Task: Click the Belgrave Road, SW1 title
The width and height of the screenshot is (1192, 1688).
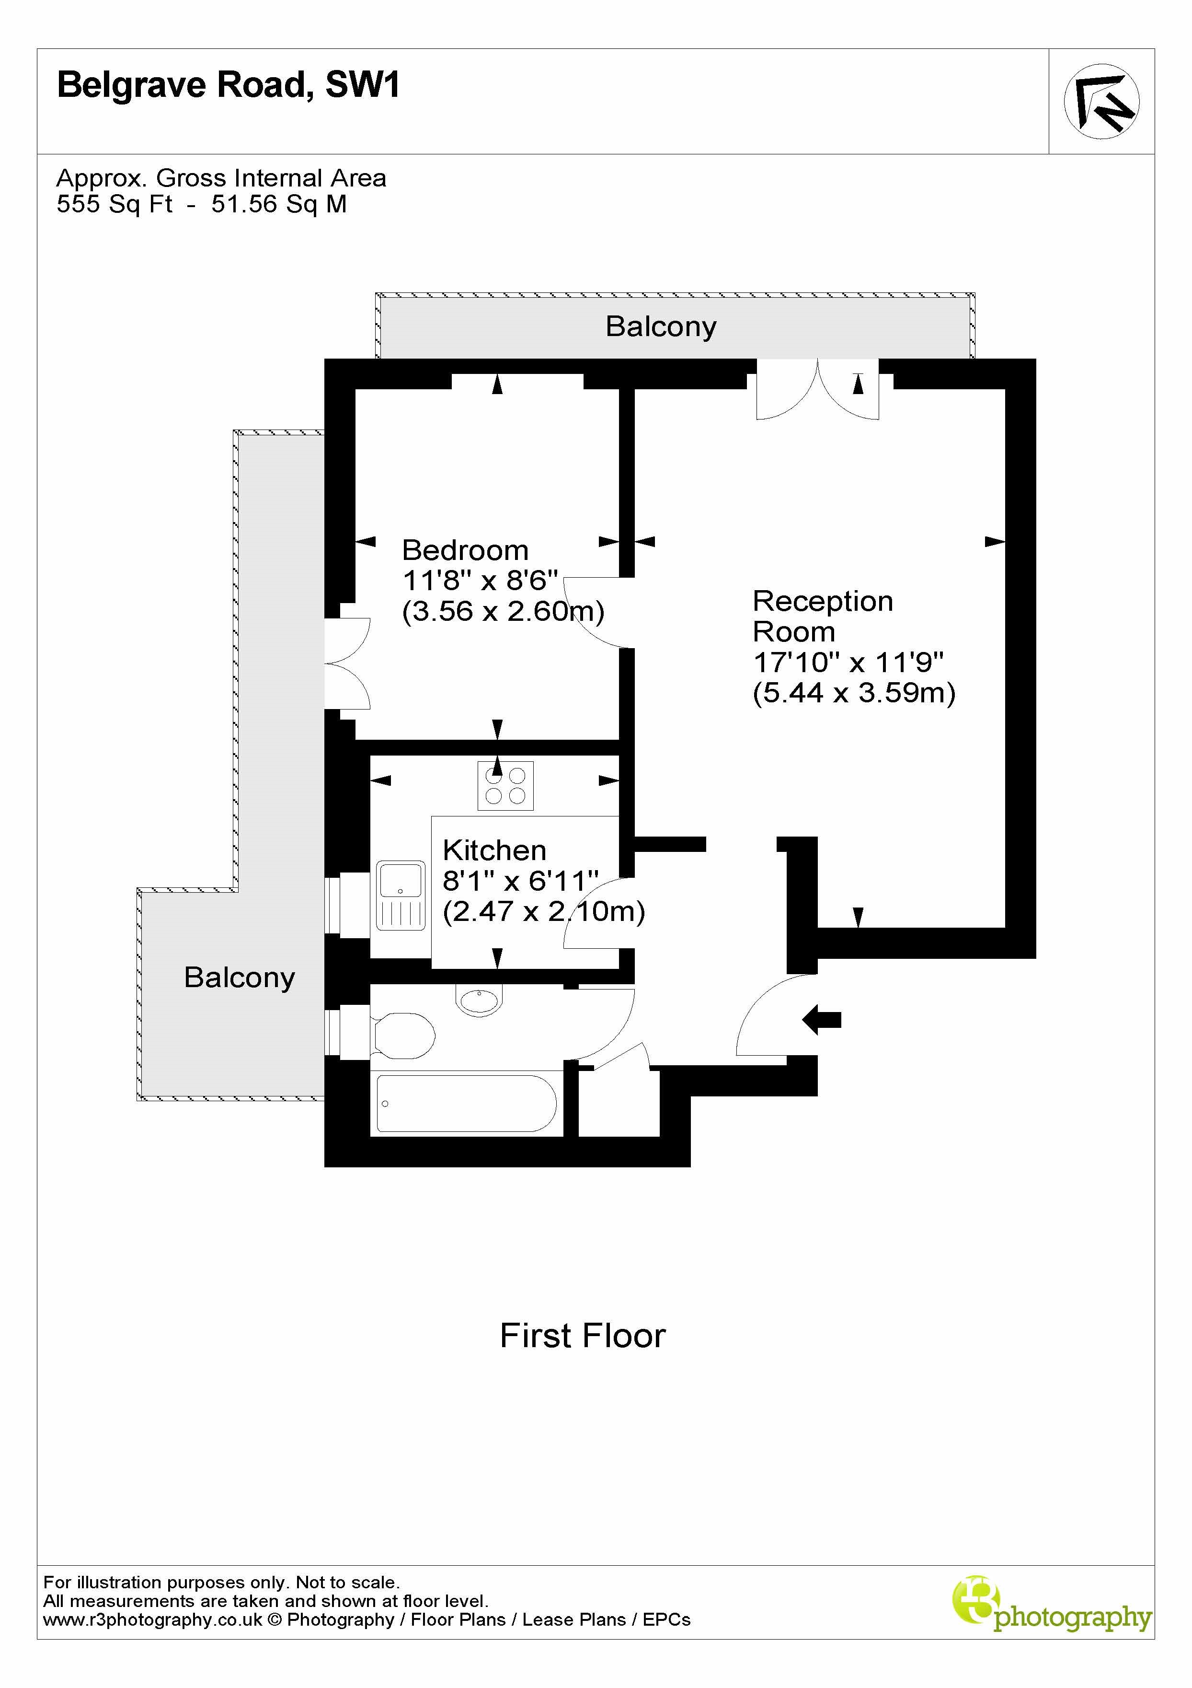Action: click(228, 85)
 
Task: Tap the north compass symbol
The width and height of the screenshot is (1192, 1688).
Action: click(1101, 102)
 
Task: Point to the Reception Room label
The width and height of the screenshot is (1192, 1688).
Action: click(822, 616)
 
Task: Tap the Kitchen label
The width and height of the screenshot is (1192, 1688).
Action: click(494, 850)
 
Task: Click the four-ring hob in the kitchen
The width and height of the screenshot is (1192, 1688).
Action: click(505, 785)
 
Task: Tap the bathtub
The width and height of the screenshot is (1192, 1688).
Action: click(466, 1104)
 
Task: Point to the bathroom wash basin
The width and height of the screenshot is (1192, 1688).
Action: click(479, 999)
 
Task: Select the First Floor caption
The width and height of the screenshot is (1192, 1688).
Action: click(582, 1336)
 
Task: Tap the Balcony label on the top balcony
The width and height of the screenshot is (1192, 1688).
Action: click(661, 326)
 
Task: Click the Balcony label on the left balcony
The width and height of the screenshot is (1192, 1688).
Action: click(239, 977)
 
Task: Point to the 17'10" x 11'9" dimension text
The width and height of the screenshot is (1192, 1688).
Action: click(848, 663)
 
